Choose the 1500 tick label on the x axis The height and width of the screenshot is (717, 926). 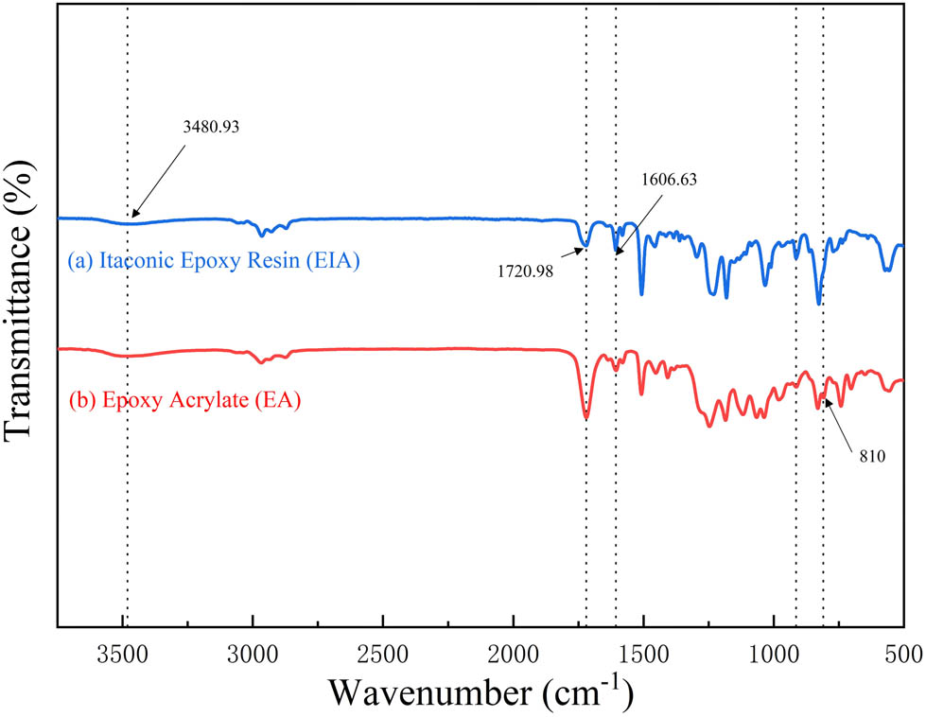click(644, 652)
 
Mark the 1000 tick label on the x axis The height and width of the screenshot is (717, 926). click(775, 652)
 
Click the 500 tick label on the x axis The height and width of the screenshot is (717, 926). click(903, 652)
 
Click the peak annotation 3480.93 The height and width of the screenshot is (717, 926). click(213, 125)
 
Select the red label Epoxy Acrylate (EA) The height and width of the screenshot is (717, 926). click(185, 400)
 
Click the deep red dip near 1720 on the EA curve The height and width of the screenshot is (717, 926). click(586, 417)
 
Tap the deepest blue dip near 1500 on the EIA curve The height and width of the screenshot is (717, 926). click(641, 293)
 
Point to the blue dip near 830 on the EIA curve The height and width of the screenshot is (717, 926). click(819, 304)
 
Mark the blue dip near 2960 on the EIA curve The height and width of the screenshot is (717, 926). click(262, 235)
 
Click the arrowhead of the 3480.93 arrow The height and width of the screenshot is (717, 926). click(131, 219)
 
